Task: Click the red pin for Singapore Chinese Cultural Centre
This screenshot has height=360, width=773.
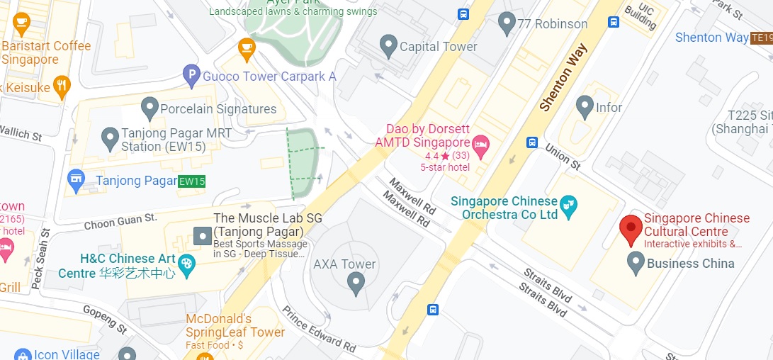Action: (631, 230)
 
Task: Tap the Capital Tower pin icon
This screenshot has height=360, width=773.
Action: (388, 46)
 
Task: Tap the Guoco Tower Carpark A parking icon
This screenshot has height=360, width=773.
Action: (191, 75)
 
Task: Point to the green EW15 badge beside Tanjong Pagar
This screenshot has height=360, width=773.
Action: (191, 181)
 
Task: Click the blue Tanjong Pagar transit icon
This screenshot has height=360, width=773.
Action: (76, 181)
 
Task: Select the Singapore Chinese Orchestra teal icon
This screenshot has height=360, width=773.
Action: (568, 207)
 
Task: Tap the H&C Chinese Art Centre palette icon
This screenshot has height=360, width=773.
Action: (186, 264)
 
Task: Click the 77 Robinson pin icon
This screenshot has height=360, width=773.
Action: (507, 23)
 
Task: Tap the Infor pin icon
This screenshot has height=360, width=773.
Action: (585, 107)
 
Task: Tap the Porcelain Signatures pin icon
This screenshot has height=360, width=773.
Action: (149, 108)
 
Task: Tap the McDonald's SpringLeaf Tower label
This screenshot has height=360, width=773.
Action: (235, 325)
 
